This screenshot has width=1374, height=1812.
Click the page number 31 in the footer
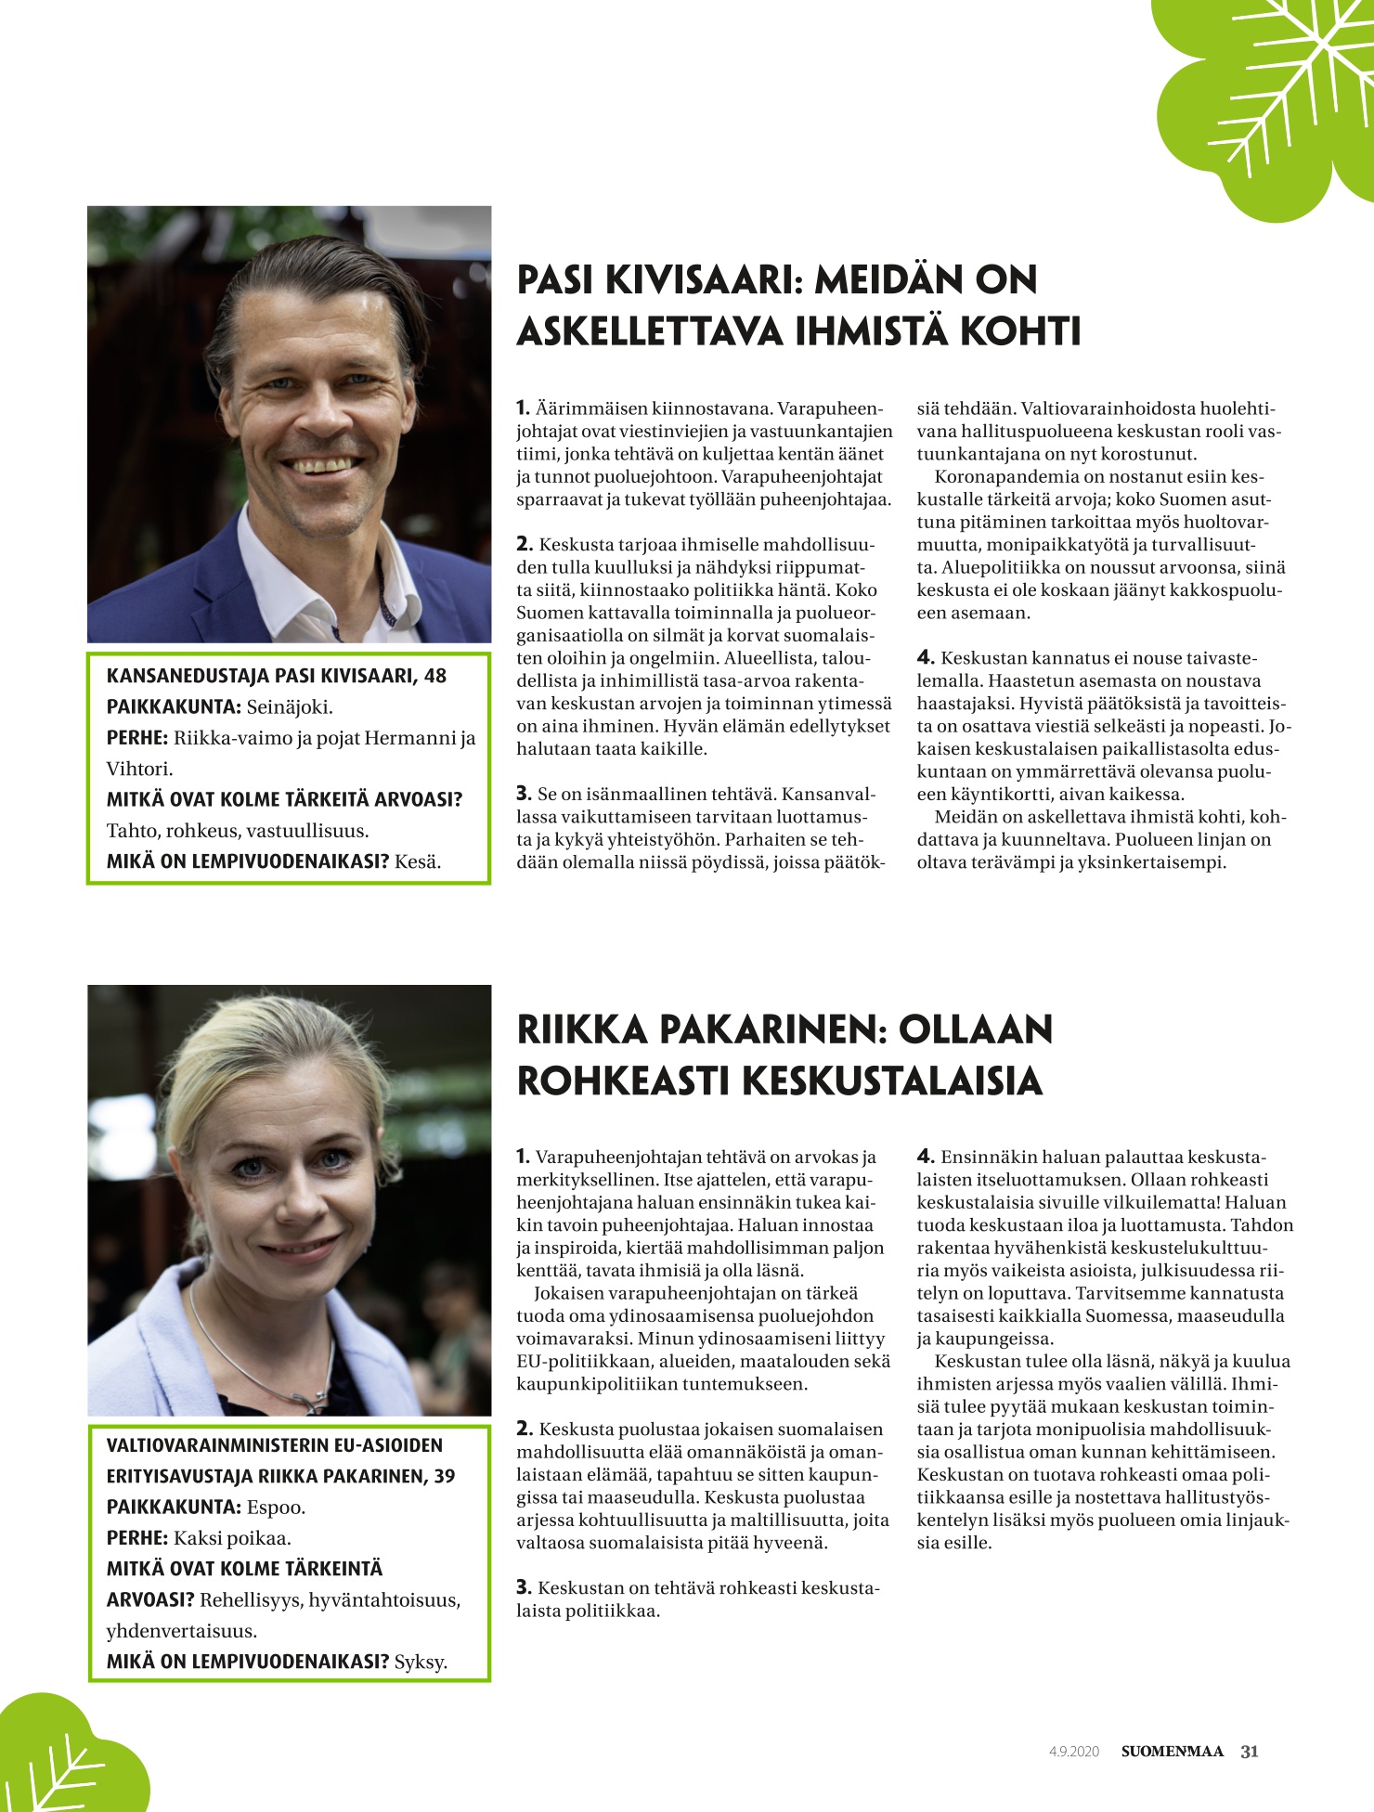[1250, 1752]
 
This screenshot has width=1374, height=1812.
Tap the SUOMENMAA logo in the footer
[1173, 1752]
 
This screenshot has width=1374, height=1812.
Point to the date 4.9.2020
[1074, 1753]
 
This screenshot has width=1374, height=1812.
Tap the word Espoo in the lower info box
[276, 1507]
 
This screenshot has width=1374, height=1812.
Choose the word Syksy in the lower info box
[421, 1661]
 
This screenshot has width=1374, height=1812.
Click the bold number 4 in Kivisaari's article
[925, 658]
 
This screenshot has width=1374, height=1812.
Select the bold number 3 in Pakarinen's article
[524, 1587]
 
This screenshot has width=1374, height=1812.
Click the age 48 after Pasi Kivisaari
[435, 676]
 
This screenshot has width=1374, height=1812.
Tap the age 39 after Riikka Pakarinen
[445, 1476]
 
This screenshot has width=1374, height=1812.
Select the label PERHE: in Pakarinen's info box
[137, 1537]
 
